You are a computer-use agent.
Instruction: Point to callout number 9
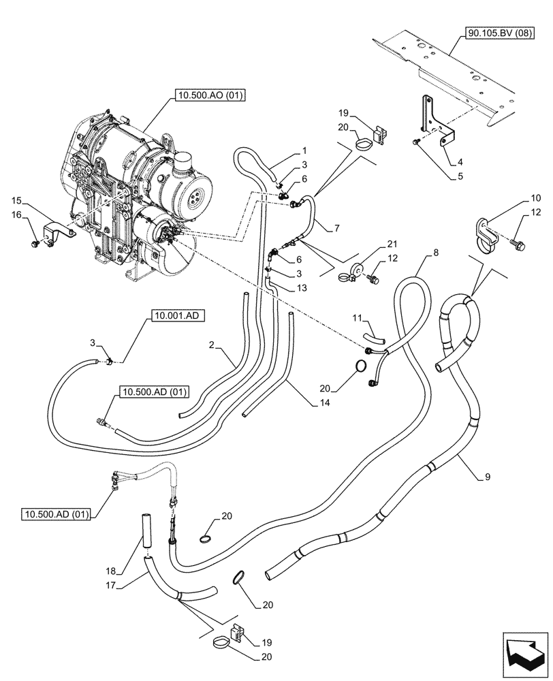coord(487,478)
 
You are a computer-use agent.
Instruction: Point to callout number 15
coord(18,201)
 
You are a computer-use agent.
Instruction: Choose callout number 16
coord(18,215)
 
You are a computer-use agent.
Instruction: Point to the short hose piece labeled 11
coord(373,336)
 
